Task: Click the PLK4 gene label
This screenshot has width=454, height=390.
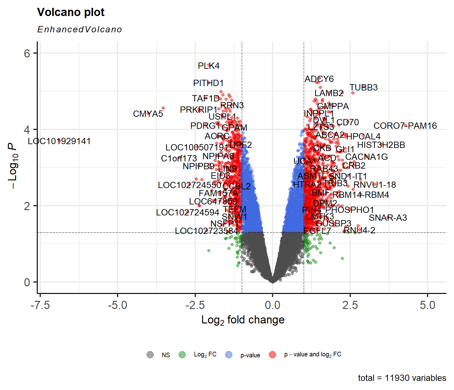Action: click(208, 66)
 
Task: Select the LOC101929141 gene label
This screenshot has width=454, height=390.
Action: click(59, 141)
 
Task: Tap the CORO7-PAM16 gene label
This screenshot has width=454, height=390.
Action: click(405, 126)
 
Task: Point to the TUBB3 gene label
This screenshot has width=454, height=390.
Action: click(363, 88)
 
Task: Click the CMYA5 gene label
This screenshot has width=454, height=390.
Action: click(148, 114)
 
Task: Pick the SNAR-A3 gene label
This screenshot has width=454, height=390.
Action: click(388, 218)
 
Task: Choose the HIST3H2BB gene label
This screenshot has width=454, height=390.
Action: click(381, 145)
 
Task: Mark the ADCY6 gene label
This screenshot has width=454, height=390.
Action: click(319, 79)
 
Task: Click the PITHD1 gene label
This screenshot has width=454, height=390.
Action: click(208, 83)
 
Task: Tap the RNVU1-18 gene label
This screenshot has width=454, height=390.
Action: click(374, 185)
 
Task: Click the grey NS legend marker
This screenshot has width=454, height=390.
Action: click(150, 355)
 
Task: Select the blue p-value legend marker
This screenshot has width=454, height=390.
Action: click(229, 355)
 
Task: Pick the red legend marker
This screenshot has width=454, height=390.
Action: click(273, 355)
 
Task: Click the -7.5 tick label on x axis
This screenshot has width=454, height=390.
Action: click(40, 305)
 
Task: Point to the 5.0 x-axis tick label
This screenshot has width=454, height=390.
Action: click(428, 305)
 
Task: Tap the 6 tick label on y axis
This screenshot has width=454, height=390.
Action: click(27, 53)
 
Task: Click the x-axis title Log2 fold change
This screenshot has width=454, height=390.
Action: click(243, 320)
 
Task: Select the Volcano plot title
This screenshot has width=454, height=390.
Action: click(71, 12)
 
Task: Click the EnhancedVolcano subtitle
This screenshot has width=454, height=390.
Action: click(80, 30)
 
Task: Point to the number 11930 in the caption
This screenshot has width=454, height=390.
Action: click(397, 378)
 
